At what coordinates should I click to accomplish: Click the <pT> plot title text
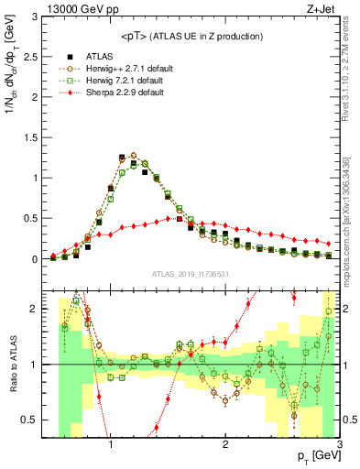click(x=191, y=36)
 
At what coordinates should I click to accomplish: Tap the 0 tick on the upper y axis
click(x=35, y=259)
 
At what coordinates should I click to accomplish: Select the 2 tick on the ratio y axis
click(x=35, y=310)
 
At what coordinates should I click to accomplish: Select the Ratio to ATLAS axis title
click(x=12, y=366)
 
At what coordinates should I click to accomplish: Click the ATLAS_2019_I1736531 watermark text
click(x=191, y=274)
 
